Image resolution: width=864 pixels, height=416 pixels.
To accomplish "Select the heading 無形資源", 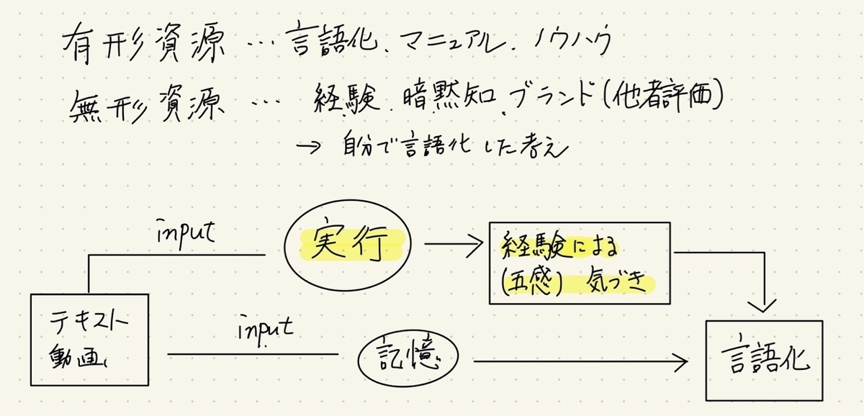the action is point(147,104).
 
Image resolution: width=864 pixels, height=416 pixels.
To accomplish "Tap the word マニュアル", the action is point(452,42).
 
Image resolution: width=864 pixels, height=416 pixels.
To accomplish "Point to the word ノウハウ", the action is point(572,40).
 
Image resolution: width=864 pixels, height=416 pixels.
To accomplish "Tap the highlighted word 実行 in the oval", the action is point(348,243).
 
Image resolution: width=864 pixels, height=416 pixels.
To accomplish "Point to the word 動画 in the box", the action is point(78,356).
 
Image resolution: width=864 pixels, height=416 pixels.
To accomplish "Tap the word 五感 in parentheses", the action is point(532,281).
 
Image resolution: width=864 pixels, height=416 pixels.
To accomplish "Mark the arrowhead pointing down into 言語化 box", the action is point(762,306).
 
